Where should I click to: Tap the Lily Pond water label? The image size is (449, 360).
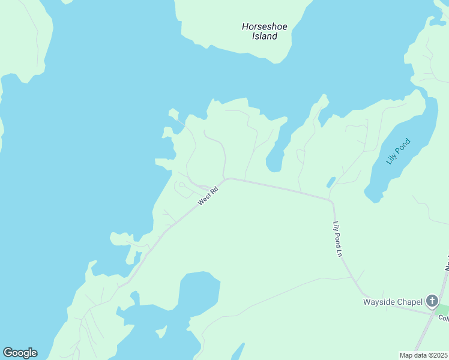tap(399, 151)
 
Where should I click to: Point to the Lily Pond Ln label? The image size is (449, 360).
tap(337, 239)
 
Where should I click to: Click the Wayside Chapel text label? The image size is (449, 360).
tap(393, 301)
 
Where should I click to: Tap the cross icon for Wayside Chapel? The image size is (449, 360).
tap(432, 301)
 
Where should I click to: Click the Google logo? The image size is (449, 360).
tap(20, 353)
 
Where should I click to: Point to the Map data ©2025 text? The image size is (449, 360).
tap(423, 355)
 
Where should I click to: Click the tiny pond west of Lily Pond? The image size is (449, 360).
tap(331, 181)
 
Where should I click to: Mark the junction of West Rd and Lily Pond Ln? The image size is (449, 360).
tap(331, 200)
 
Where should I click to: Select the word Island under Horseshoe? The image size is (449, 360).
tap(264, 36)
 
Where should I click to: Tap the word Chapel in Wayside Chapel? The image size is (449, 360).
tap(409, 301)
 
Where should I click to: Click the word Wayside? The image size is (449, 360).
tap(379, 301)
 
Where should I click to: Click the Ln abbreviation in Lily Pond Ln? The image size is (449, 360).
tap(339, 253)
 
